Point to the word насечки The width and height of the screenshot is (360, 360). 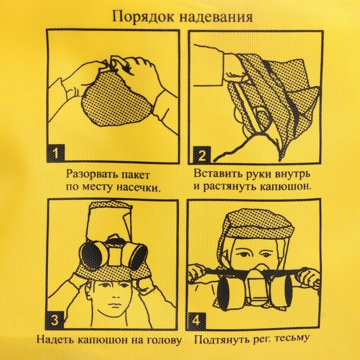139,187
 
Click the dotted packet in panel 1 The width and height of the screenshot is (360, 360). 109,103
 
